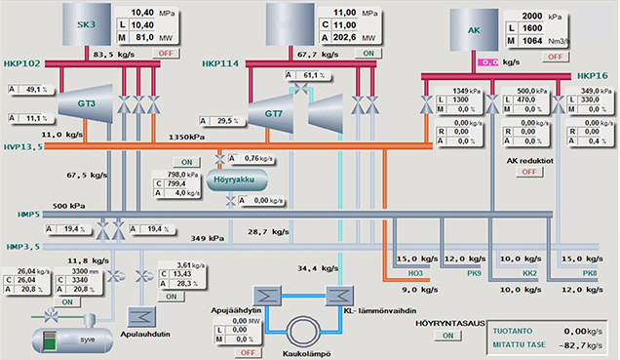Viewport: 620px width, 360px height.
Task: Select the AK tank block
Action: (x=475, y=30)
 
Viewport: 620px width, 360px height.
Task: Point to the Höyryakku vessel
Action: (x=233, y=180)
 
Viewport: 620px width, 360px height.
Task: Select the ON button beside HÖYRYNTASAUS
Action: (x=447, y=336)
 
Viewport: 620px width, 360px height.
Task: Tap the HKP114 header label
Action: (x=221, y=64)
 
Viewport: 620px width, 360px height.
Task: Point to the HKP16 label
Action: (x=592, y=76)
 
